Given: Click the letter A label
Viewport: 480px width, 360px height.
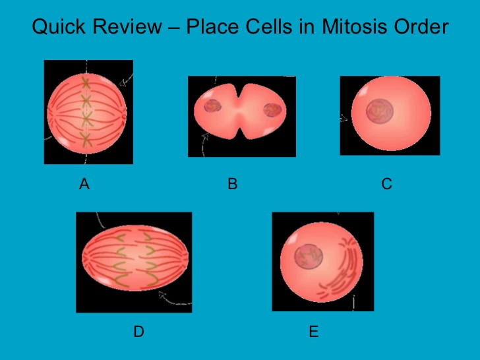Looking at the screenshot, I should [x=84, y=185].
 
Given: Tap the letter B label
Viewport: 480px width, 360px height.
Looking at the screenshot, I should [x=232, y=185].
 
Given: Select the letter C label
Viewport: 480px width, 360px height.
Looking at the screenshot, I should [x=387, y=185].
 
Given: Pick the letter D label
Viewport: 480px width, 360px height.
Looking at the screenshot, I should [x=138, y=332].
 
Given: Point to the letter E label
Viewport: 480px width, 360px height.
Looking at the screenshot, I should [x=314, y=332].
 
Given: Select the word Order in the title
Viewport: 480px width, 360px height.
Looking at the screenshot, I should [x=421, y=28].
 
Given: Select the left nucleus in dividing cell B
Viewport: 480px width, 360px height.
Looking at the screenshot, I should [x=214, y=108].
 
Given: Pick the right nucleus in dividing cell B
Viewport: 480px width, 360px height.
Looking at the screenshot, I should [x=271, y=109].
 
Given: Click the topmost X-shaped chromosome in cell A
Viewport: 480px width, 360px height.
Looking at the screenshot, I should [x=86, y=83].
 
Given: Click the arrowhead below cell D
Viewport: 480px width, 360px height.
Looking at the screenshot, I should [x=161, y=300].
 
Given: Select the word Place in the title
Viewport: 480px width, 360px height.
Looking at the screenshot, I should [x=212, y=28].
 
